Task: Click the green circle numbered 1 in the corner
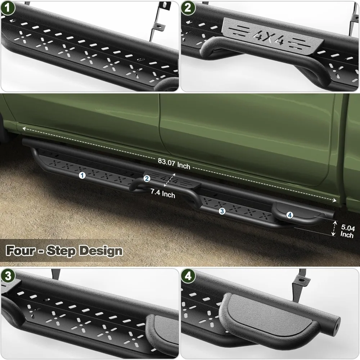(x=8, y=8)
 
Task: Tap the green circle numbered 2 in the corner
(x=188, y=8)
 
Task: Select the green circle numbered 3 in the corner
(x=8, y=276)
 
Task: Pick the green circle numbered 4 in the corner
(x=188, y=276)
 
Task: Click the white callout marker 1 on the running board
(x=82, y=175)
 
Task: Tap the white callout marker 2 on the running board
(x=147, y=179)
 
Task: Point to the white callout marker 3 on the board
(x=222, y=211)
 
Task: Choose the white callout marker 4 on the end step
(x=290, y=215)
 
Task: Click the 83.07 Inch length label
(x=174, y=163)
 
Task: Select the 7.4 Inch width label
(x=163, y=193)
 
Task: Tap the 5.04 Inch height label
(x=347, y=231)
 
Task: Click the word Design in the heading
(x=101, y=251)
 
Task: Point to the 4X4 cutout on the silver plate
(x=269, y=38)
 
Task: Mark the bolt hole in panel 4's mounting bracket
(x=301, y=280)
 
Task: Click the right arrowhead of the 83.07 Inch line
(x=334, y=201)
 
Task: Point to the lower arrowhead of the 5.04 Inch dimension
(x=333, y=234)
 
